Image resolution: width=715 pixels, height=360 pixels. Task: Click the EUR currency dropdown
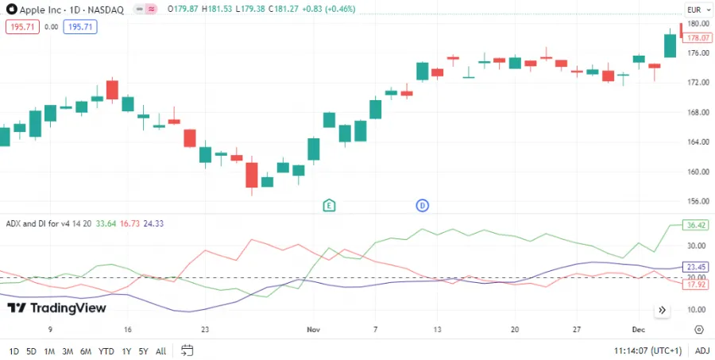tap(694, 10)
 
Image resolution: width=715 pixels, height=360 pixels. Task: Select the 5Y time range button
tap(143, 350)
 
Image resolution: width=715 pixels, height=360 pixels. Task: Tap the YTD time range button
tap(106, 350)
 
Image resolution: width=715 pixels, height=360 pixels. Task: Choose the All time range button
tap(161, 350)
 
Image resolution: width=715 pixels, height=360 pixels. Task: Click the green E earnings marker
tap(329, 206)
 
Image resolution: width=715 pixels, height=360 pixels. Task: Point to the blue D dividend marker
tap(423, 206)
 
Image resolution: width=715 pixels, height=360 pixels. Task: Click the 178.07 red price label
tap(698, 37)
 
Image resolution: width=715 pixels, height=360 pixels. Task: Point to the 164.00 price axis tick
tap(698, 142)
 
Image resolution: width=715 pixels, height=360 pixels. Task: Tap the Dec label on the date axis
tap(638, 329)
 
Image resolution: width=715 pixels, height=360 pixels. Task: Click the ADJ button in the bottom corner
tap(702, 350)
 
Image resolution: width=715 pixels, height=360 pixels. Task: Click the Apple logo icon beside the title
tap(11, 10)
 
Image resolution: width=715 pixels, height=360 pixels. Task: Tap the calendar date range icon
tap(187, 350)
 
